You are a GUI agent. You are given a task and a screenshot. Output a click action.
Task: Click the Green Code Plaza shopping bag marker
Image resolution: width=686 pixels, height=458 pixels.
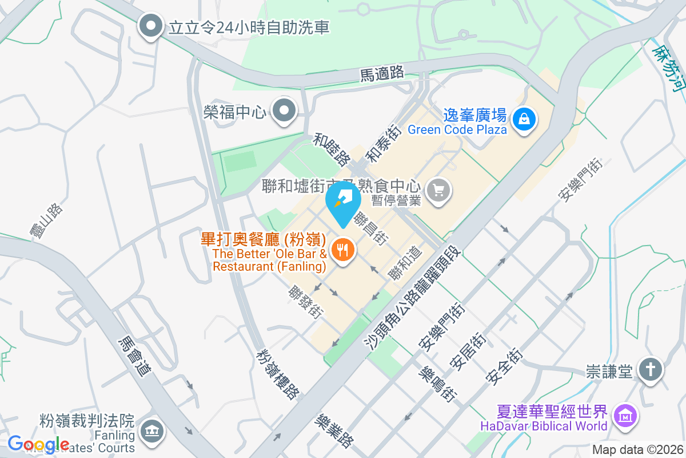click(523, 119)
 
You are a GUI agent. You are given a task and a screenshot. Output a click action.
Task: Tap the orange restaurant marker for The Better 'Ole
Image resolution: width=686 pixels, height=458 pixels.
click(342, 250)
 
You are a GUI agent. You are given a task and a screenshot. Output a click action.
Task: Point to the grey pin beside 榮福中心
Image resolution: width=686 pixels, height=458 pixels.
click(283, 110)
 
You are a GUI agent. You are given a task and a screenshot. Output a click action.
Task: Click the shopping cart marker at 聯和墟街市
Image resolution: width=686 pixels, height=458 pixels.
click(439, 191)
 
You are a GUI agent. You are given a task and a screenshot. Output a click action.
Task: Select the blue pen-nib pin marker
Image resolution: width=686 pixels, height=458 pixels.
click(343, 201)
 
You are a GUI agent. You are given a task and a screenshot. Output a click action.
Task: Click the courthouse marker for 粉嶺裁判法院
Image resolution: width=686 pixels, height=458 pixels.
click(151, 429)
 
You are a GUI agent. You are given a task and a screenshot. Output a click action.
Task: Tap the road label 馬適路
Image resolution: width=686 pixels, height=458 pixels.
click(382, 73)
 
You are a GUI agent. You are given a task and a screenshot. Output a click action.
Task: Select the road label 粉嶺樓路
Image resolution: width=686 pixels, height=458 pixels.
click(278, 374)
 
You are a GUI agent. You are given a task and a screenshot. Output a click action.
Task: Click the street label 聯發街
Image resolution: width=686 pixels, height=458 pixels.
click(306, 302)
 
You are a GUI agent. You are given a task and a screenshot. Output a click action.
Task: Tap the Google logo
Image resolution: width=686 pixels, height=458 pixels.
click(38, 444)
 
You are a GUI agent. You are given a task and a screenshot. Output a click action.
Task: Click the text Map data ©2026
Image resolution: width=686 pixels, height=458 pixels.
click(637, 450)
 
